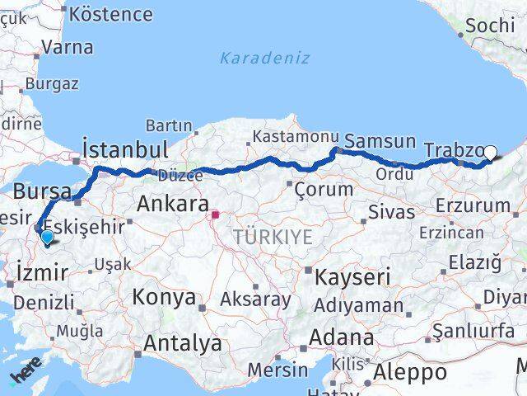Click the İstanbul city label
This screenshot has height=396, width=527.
tap(125, 149)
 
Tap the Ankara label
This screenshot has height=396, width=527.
tap(173, 203)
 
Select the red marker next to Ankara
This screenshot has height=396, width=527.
tap(215, 215)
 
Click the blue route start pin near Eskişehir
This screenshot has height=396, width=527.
tap(47, 238)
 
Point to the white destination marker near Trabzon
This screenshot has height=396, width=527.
tap(491, 152)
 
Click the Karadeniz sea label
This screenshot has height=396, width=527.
tap(264, 58)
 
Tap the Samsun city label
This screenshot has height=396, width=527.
tap(380, 142)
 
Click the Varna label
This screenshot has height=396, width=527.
tap(67, 47)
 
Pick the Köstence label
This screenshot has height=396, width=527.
tap(111, 14)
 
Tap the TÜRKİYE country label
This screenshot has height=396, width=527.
tap(272, 238)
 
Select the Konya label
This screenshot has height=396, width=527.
tap(164, 296)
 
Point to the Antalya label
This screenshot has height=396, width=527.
tap(183, 342)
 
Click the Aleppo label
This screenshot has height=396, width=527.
tap(410, 372)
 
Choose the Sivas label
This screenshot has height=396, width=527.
tap(391, 211)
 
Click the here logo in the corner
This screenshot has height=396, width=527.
tap(25, 376)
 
